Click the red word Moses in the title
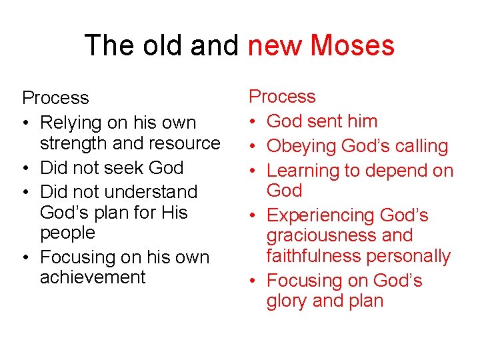352,45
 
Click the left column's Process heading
55,98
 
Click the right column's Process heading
282,97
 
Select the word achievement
93,277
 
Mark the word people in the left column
67,233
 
